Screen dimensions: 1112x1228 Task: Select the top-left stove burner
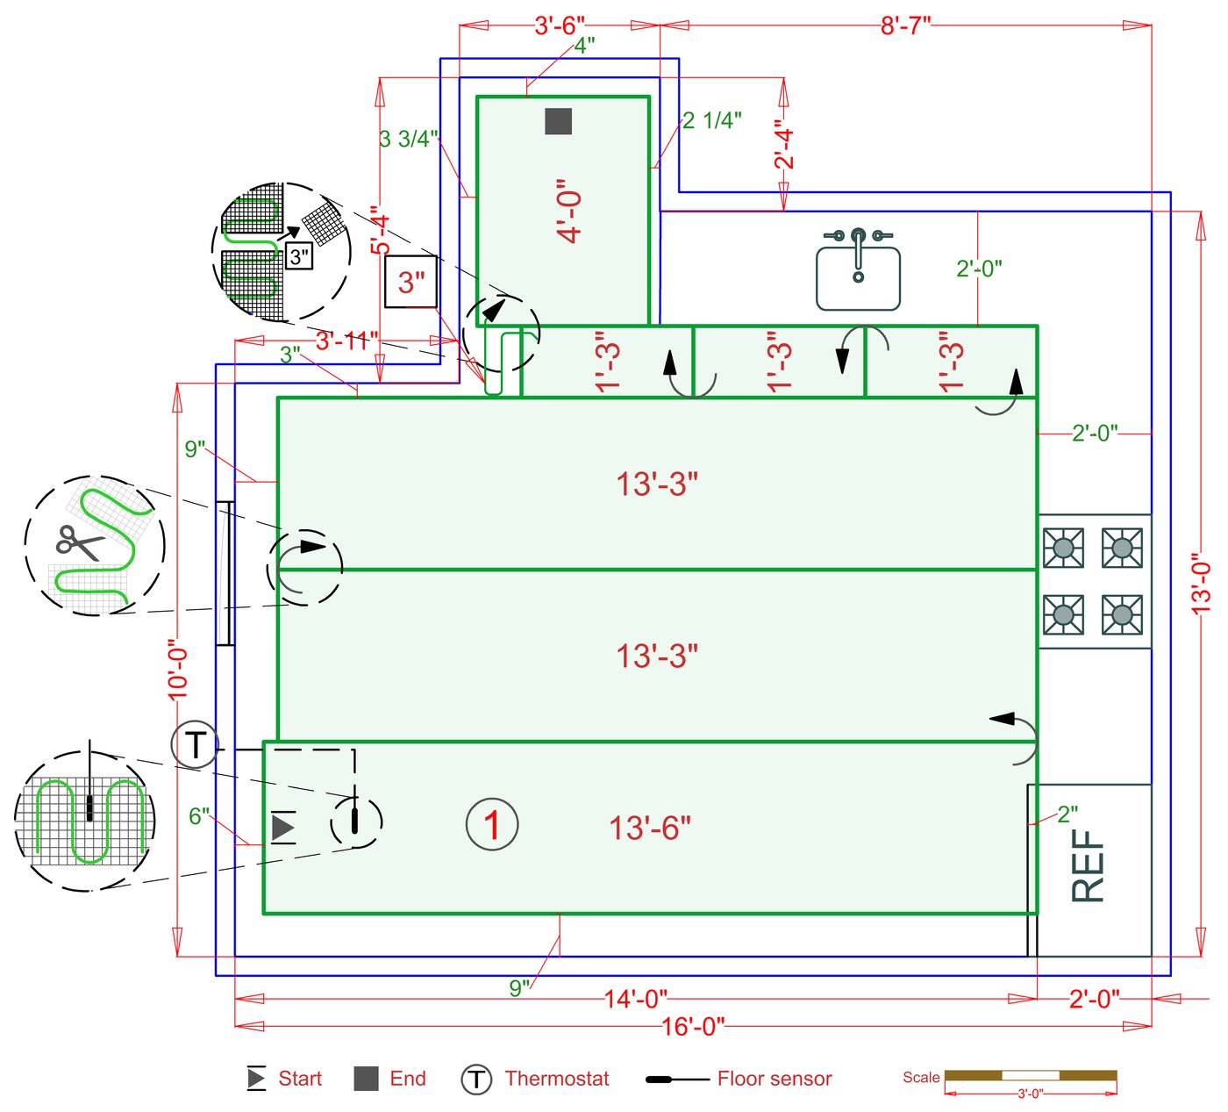[1063, 549]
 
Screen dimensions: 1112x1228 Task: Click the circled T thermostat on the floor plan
[195, 745]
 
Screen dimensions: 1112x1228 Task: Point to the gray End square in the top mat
[559, 121]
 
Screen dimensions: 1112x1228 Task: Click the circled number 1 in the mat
[491, 825]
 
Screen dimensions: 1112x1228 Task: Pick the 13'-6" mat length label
[650, 828]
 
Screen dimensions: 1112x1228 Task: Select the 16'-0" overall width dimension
[692, 1026]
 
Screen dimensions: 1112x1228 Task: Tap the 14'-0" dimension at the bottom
[636, 999]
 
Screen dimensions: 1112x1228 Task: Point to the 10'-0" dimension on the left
[178, 669]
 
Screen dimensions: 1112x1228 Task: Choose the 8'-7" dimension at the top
[905, 25]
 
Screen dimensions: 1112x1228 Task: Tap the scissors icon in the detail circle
[79, 543]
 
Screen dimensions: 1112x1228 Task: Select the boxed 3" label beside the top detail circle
[411, 283]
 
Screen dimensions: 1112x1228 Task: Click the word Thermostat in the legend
[556, 1079]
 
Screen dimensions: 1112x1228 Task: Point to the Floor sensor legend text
[774, 1079]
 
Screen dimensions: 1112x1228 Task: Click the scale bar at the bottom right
[1031, 1075]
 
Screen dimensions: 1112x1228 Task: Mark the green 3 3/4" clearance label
[409, 139]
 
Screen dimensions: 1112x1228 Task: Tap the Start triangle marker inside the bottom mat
[282, 827]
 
